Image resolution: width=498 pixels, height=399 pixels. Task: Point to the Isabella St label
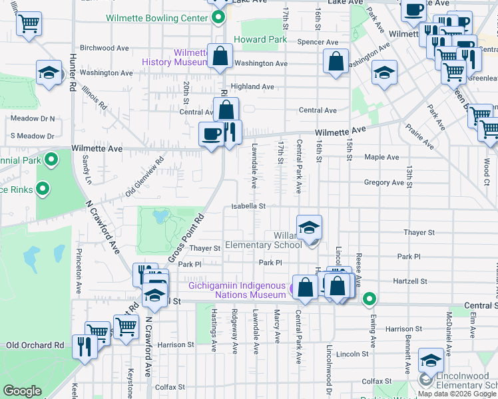pos(248,206)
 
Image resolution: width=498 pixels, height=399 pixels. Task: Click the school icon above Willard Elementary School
pos(309,228)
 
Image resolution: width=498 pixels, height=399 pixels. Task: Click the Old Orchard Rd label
pos(35,345)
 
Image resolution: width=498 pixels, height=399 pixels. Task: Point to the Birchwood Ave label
pos(104,48)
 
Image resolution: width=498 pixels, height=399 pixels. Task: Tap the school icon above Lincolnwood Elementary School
pos(431,362)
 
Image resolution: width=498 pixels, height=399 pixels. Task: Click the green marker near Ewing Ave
pos(369,299)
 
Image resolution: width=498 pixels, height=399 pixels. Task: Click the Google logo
pos(23,391)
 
